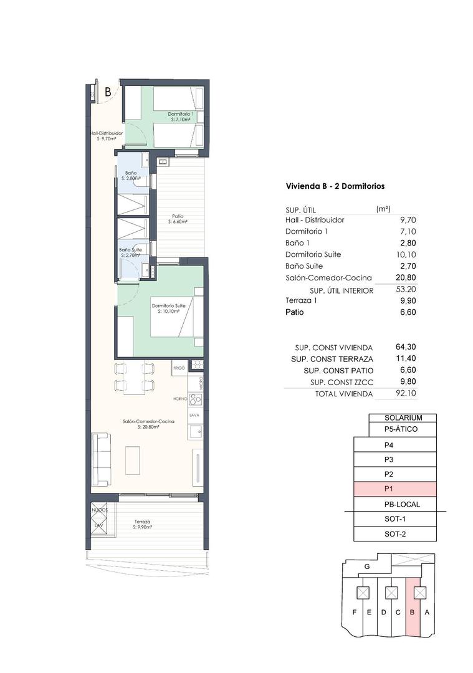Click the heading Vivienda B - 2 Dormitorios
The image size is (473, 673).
click(335, 186)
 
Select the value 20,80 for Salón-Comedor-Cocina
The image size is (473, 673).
click(404, 278)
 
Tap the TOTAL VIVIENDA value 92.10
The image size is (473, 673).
click(404, 394)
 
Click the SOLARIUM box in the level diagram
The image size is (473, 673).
click(403, 418)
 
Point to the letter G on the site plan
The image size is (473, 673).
click(367, 566)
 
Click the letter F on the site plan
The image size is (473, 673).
click(355, 612)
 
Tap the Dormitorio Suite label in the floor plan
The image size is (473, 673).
click(168, 306)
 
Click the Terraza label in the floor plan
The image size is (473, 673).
click(142, 522)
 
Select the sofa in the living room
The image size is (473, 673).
click(102, 460)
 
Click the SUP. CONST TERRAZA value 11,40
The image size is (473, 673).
click(404, 359)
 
